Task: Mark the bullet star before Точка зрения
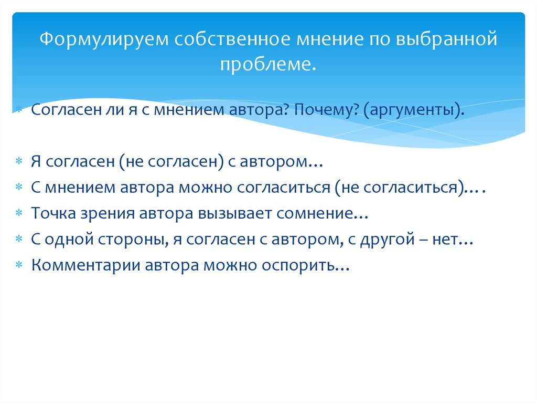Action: [18, 214]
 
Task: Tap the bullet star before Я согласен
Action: [18, 163]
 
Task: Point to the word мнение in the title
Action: [319, 40]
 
